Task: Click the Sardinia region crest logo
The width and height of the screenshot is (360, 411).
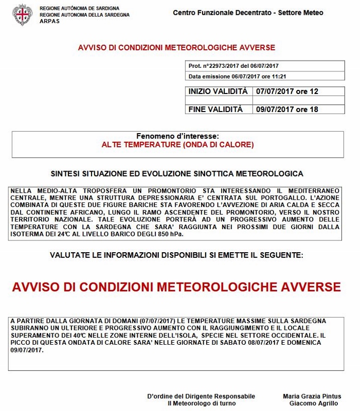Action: [22, 15]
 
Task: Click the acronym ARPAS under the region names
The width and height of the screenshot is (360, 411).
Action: [49, 22]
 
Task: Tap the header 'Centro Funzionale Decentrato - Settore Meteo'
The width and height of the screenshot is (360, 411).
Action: [248, 12]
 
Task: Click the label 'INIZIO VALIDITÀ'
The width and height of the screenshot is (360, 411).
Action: [218, 91]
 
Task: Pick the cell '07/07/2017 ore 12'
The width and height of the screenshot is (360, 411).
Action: [287, 91]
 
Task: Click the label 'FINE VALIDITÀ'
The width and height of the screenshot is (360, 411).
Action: [215, 109]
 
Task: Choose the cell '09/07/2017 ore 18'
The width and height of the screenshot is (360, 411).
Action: [287, 109]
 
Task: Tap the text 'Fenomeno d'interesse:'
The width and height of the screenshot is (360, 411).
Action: [177, 136]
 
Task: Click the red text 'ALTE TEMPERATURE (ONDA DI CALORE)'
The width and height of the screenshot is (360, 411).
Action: [177, 145]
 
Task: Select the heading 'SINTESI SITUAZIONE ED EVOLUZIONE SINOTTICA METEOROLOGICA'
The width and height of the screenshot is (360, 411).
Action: [177, 174]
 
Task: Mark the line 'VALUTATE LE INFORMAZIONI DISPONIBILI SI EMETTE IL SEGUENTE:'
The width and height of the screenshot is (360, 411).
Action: [176, 255]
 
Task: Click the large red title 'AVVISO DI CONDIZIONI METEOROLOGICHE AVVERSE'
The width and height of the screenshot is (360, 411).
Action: [176, 286]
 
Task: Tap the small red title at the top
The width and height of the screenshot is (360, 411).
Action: [176, 48]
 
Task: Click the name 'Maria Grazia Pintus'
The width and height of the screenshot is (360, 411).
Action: [312, 396]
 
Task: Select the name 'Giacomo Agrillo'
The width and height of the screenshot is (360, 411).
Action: [315, 403]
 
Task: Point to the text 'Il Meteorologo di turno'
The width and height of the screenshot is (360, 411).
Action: [201, 403]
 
